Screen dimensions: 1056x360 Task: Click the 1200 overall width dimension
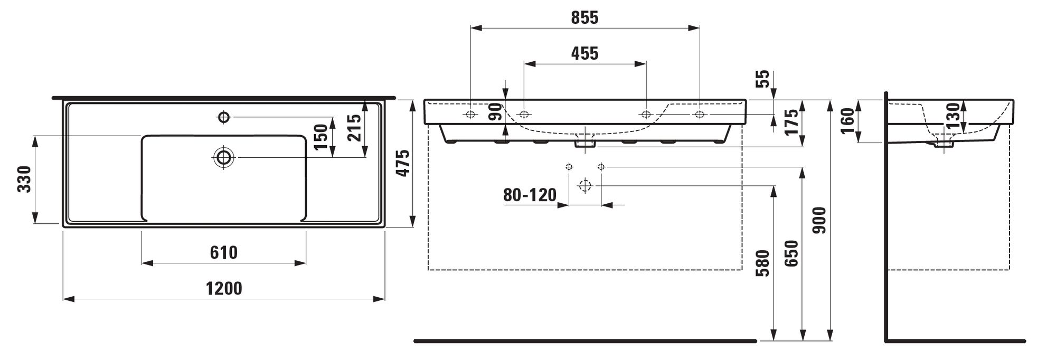pyautogui.click(x=224, y=289)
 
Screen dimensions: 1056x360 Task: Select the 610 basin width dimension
pyautogui.click(x=224, y=253)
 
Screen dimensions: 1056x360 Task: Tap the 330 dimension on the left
pyautogui.click(x=24, y=179)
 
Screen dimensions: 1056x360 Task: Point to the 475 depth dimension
pyautogui.click(x=402, y=163)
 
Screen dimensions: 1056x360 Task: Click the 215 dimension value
pyautogui.click(x=354, y=128)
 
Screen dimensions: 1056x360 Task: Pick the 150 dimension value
pyautogui.click(x=321, y=137)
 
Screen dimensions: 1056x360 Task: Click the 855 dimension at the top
pyautogui.click(x=584, y=18)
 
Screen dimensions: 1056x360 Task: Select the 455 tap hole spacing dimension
pyautogui.click(x=584, y=53)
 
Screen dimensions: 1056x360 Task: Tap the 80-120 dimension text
pyautogui.click(x=530, y=195)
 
